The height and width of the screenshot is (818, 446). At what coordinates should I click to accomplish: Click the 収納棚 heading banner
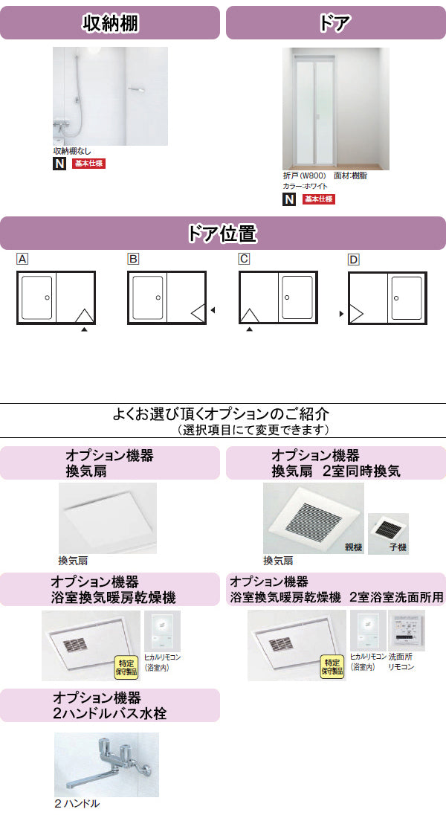click(x=110, y=22)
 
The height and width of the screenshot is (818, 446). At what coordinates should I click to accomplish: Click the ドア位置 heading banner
click(x=223, y=234)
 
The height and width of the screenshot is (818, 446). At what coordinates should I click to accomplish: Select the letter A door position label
click(x=22, y=259)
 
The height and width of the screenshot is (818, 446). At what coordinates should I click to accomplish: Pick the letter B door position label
click(x=133, y=259)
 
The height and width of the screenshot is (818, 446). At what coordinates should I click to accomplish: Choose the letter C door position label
click(x=244, y=259)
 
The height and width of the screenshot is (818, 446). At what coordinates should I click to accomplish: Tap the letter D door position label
click(x=354, y=259)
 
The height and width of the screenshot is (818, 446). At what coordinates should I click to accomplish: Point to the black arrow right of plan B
click(x=212, y=310)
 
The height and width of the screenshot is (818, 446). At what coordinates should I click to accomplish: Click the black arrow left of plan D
click(x=341, y=313)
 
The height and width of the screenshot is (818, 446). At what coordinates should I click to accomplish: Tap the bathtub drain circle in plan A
click(x=47, y=297)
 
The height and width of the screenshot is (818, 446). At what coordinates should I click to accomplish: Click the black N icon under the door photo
click(x=289, y=199)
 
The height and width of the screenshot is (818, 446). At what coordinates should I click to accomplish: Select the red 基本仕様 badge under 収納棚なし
click(x=89, y=164)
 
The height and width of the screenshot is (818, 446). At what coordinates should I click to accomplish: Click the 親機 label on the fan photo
click(x=352, y=547)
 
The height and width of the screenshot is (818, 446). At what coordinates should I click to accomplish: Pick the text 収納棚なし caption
click(x=72, y=150)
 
